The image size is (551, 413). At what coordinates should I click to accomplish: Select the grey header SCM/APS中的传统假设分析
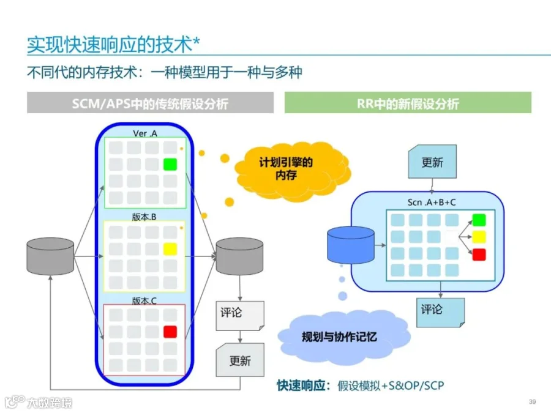pos(149,103)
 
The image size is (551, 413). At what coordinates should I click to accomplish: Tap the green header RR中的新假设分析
pos(408,103)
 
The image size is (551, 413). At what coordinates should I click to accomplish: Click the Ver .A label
pos(145,133)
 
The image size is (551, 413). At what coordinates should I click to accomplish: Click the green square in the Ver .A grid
pos(170,164)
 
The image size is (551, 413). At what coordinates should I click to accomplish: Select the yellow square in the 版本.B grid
pos(170,248)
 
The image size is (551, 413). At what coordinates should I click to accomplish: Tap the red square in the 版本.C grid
pos(170,332)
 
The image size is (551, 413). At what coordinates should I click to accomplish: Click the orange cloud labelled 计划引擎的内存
pos(285,168)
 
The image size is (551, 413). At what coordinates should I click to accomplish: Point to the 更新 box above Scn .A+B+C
pos(432,162)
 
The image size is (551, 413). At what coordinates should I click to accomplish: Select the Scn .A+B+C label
pos(432,202)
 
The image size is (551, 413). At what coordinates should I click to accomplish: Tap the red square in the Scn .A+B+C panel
pos(479,255)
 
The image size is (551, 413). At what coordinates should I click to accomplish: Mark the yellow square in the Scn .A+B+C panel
pos(479,237)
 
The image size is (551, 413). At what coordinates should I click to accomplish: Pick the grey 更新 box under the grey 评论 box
pos(240,360)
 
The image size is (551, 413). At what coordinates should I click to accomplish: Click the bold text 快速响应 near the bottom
pos(302,385)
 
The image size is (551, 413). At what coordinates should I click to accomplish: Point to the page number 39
pos(532,401)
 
